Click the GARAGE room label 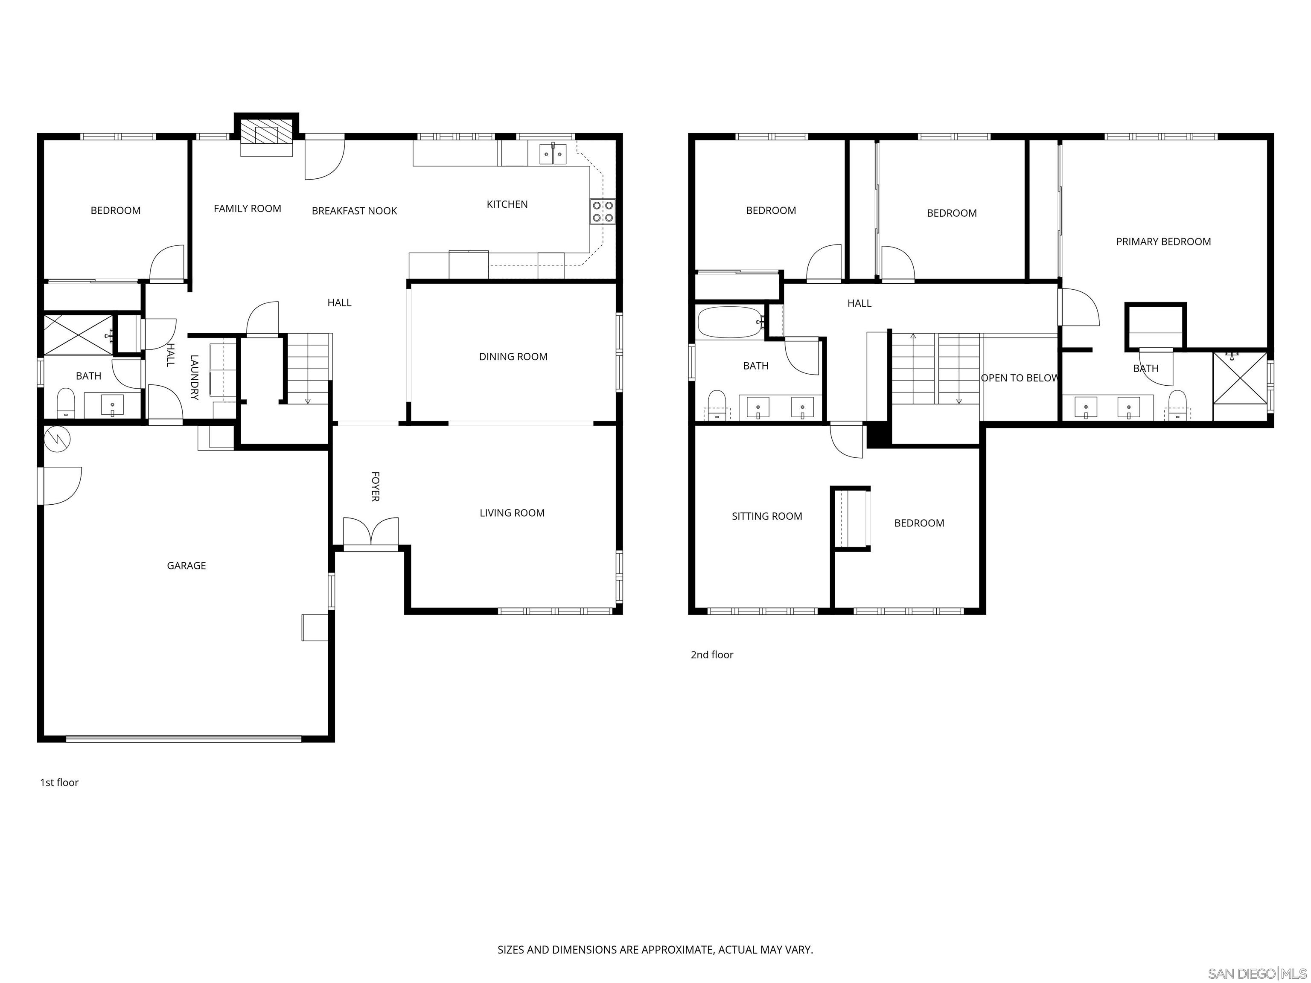coord(186,566)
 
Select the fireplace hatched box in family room coord(267,135)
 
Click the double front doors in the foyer coord(371,533)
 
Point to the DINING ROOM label coord(513,357)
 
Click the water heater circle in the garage coord(58,439)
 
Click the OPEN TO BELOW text coord(1020,378)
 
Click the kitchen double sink coord(553,154)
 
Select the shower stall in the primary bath coord(1239,378)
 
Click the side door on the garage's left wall coord(59,486)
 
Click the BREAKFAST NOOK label coord(354,211)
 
